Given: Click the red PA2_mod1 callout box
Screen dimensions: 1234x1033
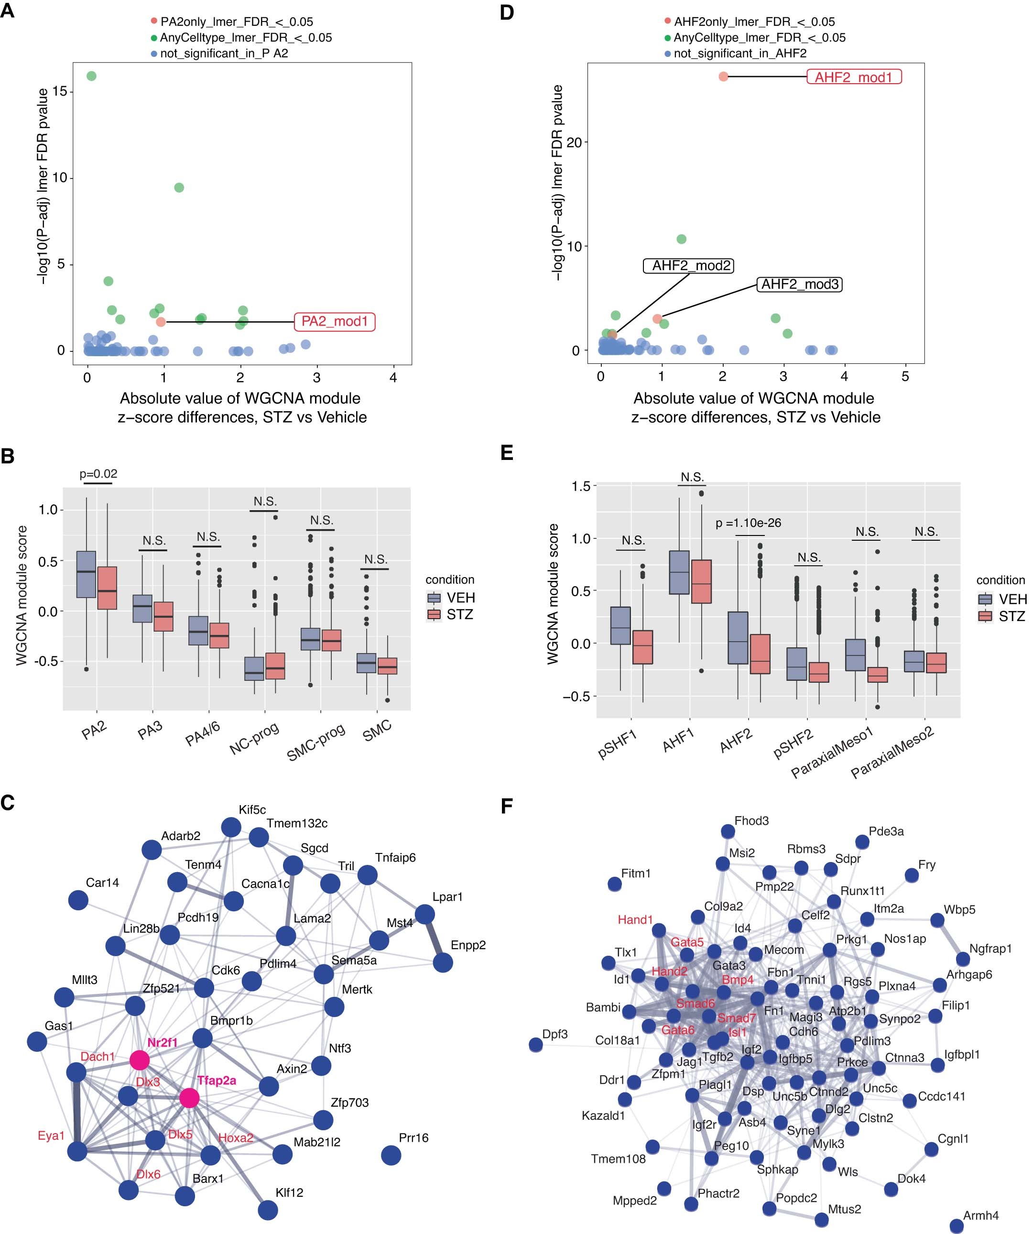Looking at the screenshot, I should tap(334, 321).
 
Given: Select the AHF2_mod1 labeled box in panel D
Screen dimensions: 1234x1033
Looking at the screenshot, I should tap(853, 77).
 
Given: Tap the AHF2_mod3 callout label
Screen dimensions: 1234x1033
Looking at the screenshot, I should tap(799, 285).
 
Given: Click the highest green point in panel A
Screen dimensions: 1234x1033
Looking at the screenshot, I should tap(92, 76).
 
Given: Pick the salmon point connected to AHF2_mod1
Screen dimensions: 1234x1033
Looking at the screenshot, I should tap(723, 76).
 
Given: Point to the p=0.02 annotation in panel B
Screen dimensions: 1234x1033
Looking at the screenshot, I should tap(98, 474).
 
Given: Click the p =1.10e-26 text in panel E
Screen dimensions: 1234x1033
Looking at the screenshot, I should tap(748, 523).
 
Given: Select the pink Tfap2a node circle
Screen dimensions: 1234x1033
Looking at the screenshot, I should tap(189, 1097).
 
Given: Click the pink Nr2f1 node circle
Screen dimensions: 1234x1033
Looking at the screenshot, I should tap(139, 1060).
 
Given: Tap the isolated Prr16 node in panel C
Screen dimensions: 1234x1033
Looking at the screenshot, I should tap(391, 1155).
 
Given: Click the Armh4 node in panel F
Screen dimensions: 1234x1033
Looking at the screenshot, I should tap(956, 1226).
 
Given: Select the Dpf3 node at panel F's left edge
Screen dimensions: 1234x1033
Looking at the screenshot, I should tap(535, 1045).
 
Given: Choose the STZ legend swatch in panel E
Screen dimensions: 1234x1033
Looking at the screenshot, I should tap(985, 616).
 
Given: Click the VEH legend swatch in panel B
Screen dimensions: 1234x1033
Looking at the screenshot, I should tap(434, 598).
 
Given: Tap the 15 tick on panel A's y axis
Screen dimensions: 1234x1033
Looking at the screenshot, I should tap(60, 92).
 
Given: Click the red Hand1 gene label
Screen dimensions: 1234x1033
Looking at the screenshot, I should tap(635, 919).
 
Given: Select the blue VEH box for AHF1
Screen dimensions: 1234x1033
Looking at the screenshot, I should tap(679, 572).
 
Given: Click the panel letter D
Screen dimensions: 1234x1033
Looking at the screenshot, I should tap(507, 12).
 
